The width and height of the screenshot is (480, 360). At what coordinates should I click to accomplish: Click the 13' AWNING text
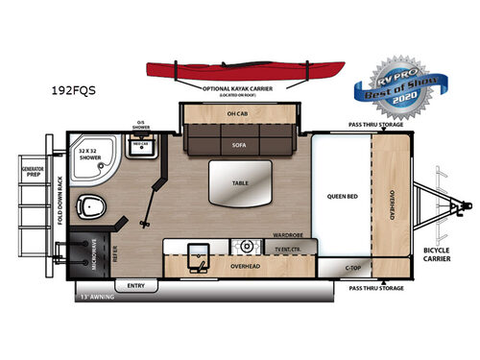tap(97, 297)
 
